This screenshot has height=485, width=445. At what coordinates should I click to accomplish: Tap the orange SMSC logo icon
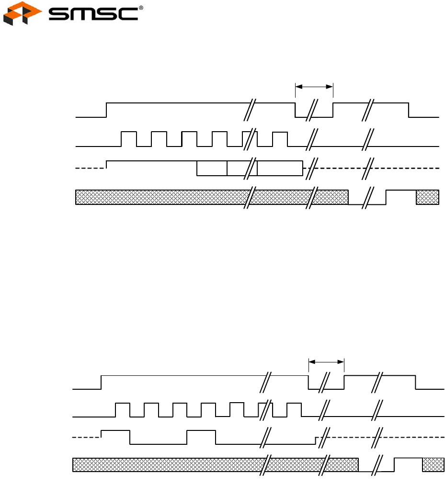coord(16,14)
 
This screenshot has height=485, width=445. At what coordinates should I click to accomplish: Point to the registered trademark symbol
coord(141,7)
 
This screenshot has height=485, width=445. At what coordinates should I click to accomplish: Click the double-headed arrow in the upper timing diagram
coord(314,87)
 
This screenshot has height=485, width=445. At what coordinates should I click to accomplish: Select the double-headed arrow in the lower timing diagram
coord(327,361)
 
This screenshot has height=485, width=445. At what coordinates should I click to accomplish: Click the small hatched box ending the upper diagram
coord(427,197)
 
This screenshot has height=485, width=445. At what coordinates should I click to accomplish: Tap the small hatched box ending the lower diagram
coord(434,464)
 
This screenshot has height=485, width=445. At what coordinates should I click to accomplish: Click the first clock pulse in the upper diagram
coord(129,139)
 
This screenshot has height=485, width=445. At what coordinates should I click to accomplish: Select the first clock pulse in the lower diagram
coord(123,410)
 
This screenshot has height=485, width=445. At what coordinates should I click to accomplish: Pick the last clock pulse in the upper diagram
coord(280,139)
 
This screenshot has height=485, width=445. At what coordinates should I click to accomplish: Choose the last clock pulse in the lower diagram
coord(294,410)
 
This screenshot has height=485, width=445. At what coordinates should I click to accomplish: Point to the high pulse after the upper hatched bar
coord(401,197)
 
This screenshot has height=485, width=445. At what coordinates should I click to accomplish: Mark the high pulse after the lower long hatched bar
coord(408,464)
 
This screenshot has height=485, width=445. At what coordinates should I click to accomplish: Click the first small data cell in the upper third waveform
coord(212,169)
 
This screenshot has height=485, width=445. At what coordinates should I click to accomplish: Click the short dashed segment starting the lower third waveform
coord(86,437)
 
